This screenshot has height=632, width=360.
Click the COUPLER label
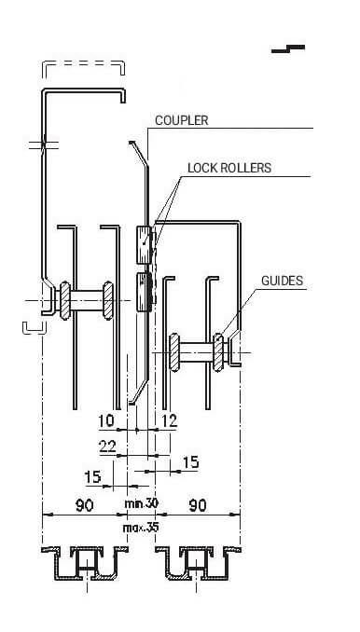tap(182, 120)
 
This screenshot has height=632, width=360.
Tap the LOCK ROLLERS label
tap(229, 168)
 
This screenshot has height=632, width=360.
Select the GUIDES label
tap(283, 281)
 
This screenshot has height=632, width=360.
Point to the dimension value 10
tap(106, 420)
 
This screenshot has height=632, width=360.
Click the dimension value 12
tap(170, 420)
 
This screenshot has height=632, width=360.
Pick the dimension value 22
tap(107, 447)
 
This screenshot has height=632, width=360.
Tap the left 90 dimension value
tap(84, 505)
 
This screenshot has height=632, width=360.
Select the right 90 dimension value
tap(197, 505)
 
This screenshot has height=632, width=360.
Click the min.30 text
tap(141, 503)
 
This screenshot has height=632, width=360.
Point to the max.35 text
tap(141, 528)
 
